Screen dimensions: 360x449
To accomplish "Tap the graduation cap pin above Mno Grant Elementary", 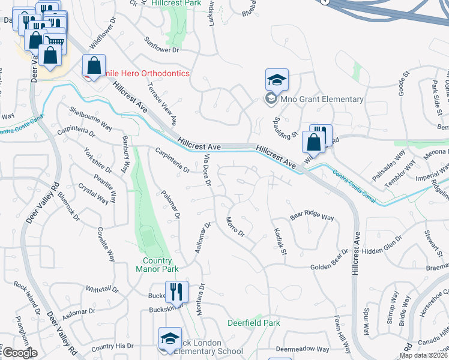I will click(x=277, y=80).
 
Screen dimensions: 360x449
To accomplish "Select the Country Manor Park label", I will click(x=157, y=265).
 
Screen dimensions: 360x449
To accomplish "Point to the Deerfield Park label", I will click(x=254, y=323).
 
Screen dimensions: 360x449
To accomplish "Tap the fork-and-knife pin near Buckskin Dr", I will click(x=176, y=292).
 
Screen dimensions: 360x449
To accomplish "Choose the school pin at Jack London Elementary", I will click(x=170, y=338).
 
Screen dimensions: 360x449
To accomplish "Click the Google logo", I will click(x=19, y=353).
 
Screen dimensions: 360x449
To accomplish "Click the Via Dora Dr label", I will click(x=207, y=169).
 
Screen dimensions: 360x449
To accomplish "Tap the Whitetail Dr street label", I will click(x=102, y=289).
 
